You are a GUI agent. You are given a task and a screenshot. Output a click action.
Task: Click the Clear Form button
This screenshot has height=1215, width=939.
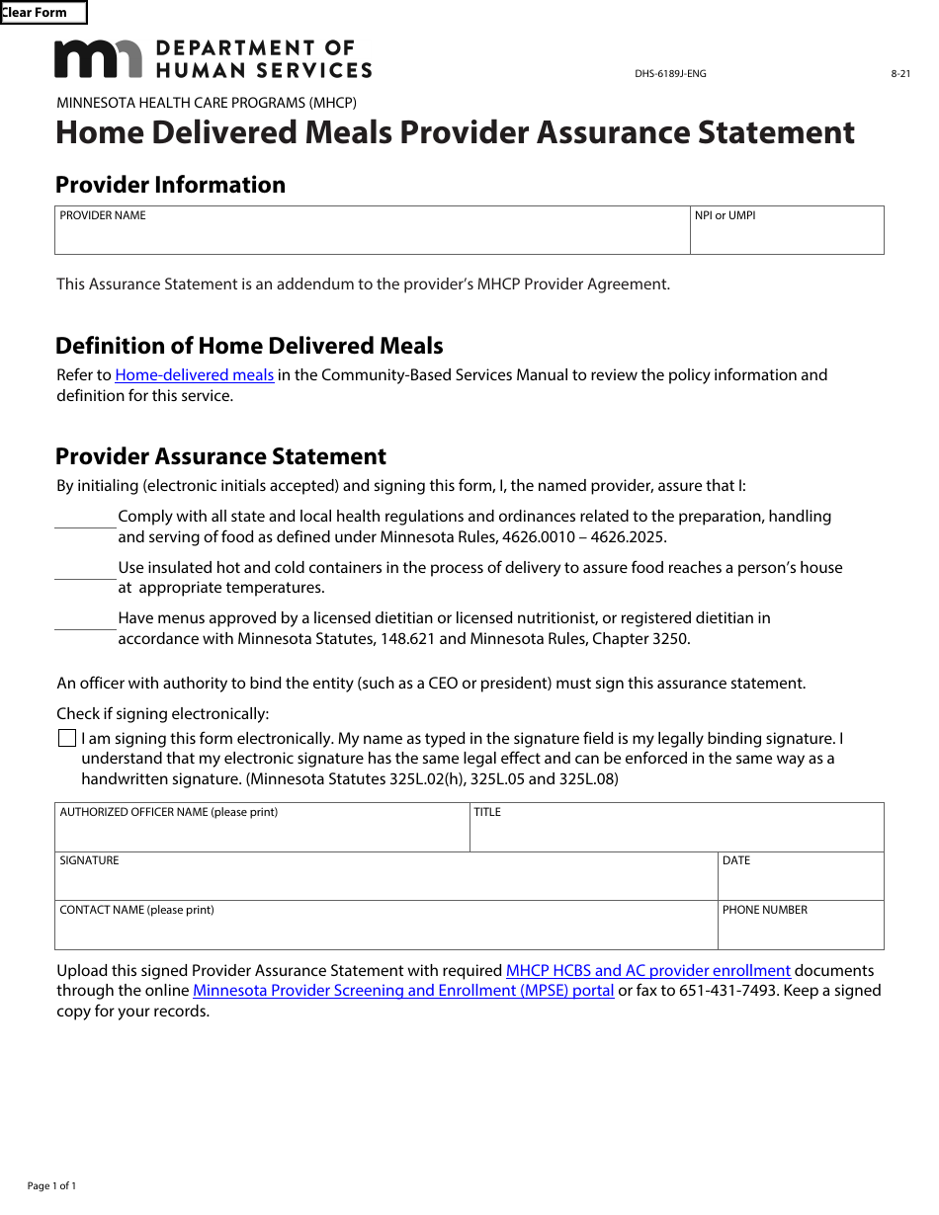click(x=43, y=13)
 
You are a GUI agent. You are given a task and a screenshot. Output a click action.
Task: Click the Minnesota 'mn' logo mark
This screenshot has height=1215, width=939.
click(x=98, y=59)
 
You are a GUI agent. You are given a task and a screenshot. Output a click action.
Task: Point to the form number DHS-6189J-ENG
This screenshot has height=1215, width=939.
click(x=670, y=73)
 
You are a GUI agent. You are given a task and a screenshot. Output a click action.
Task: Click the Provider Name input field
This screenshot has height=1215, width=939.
click(x=372, y=235)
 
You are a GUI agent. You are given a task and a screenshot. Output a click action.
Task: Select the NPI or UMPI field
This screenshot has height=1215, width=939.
click(x=786, y=235)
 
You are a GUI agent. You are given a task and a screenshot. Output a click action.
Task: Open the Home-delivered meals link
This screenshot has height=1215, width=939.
click(x=195, y=375)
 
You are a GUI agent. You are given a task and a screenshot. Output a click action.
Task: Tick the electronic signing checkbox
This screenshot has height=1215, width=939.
click(x=67, y=739)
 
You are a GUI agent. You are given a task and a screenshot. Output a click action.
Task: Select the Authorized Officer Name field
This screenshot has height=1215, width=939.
click(x=262, y=833)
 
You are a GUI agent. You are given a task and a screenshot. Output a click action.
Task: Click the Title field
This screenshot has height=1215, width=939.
click(x=676, y=833)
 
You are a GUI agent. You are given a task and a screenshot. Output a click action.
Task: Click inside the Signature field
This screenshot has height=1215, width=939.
click(x=385, y=881)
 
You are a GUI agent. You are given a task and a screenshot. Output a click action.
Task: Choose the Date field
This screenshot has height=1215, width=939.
click(x=801, y=881)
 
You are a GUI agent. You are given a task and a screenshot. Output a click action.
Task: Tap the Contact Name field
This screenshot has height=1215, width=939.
click(x=385, y=931)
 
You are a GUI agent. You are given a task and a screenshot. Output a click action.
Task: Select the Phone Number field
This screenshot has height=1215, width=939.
click(x=801, y=931)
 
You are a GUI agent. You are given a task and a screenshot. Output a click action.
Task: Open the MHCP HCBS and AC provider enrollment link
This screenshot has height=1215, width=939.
click(x=647, y=971)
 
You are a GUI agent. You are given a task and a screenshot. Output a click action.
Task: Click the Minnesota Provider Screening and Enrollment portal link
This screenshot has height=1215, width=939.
click(x=403, y=991)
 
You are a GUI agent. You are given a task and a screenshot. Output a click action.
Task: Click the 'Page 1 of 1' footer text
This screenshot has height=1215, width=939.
click(x=51, y=1186)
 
